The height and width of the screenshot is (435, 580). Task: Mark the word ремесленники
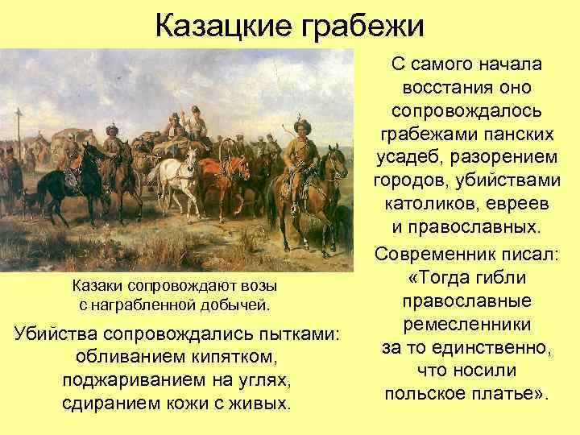pos(467,325)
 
